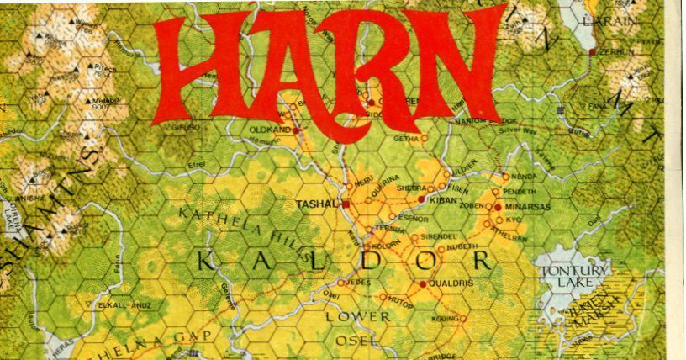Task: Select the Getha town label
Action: click(405, 139)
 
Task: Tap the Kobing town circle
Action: click(462, 319)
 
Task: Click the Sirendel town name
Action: click(437, 236)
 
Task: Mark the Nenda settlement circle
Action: click(505, 177)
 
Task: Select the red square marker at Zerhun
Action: click(594, 52)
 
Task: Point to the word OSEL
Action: click(353, 340)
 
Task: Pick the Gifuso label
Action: click(186, 127)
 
